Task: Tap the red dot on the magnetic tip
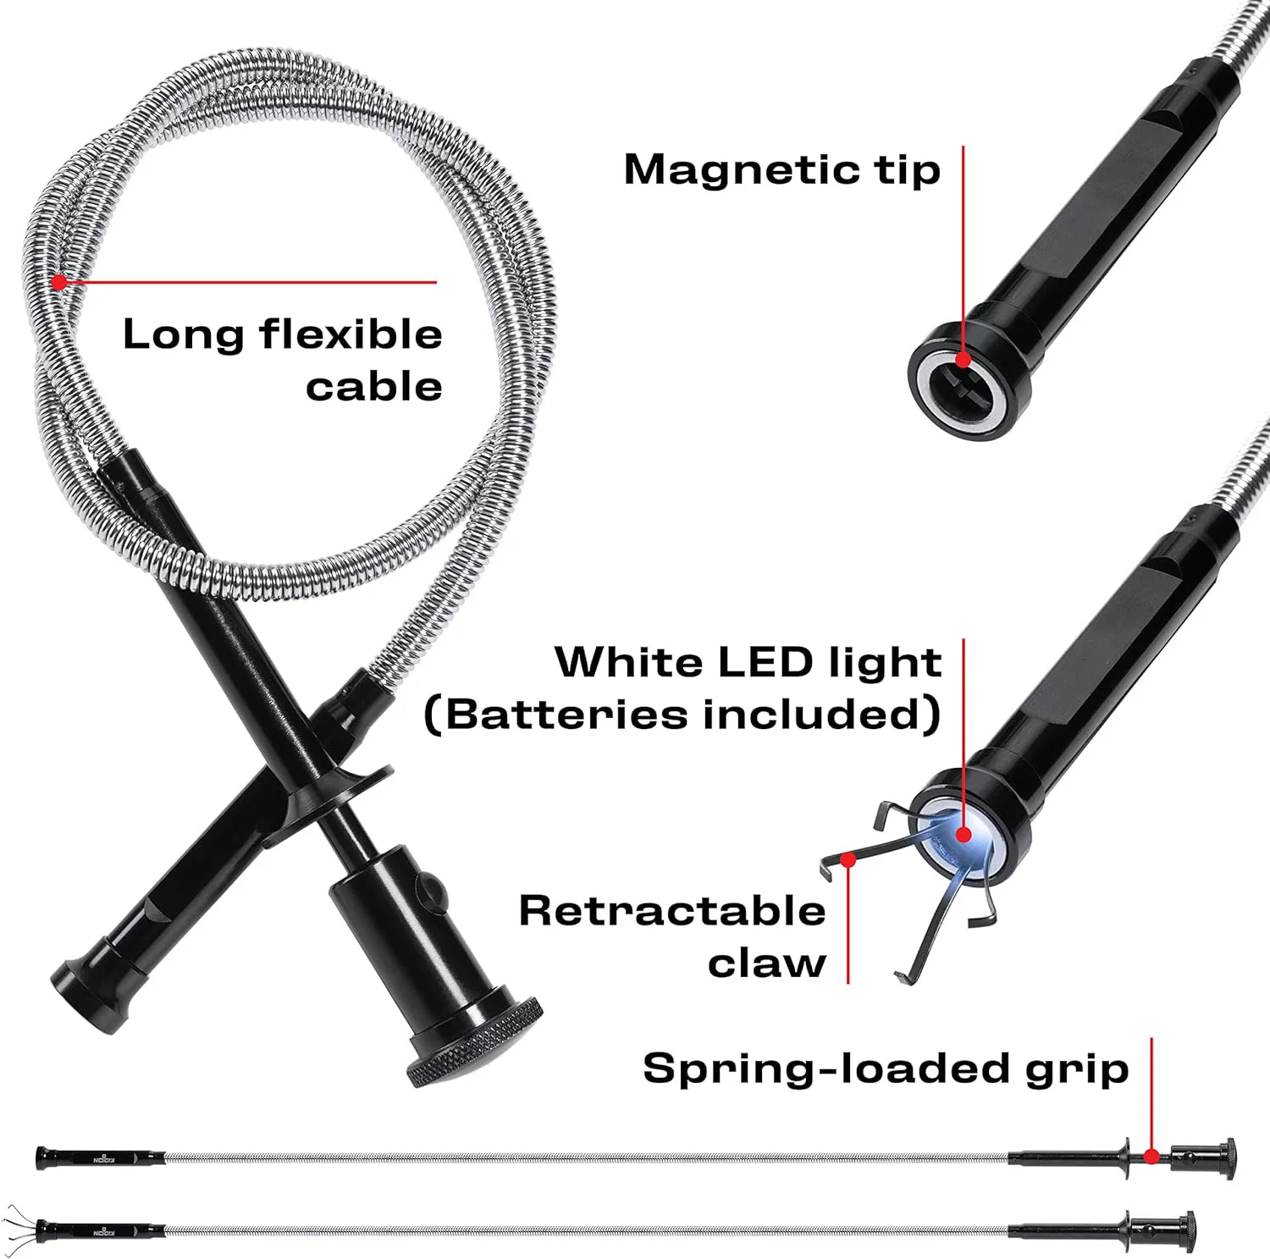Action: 964,360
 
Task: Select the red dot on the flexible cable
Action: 58,282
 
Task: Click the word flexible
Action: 351,334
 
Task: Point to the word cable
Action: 373,386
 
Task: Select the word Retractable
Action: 672,911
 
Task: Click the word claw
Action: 766,964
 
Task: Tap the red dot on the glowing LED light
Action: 964,835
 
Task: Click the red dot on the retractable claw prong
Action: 848,859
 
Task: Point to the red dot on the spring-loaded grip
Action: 1151,1156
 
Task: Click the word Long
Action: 183,334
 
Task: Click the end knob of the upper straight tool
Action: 1226,1157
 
